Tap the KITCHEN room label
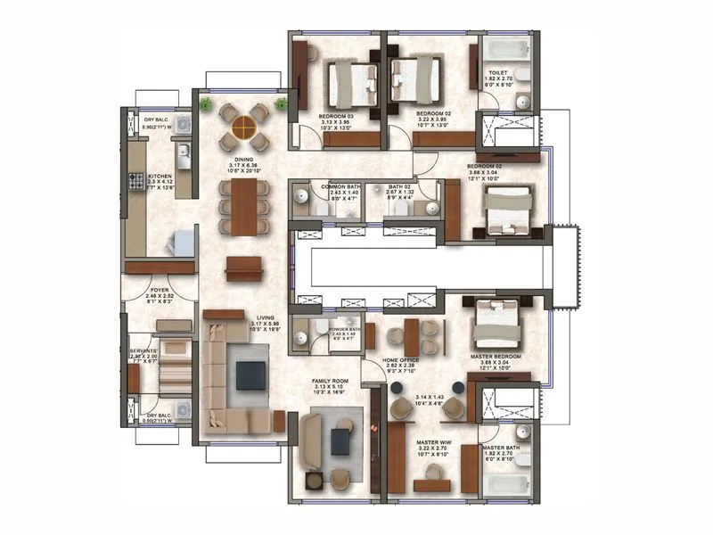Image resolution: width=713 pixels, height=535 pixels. click(160, 177)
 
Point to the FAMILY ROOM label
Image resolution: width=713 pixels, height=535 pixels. click(330, 380)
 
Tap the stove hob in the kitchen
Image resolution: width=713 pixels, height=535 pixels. click(138, 182)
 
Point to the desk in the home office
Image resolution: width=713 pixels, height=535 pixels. click(411, 337)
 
